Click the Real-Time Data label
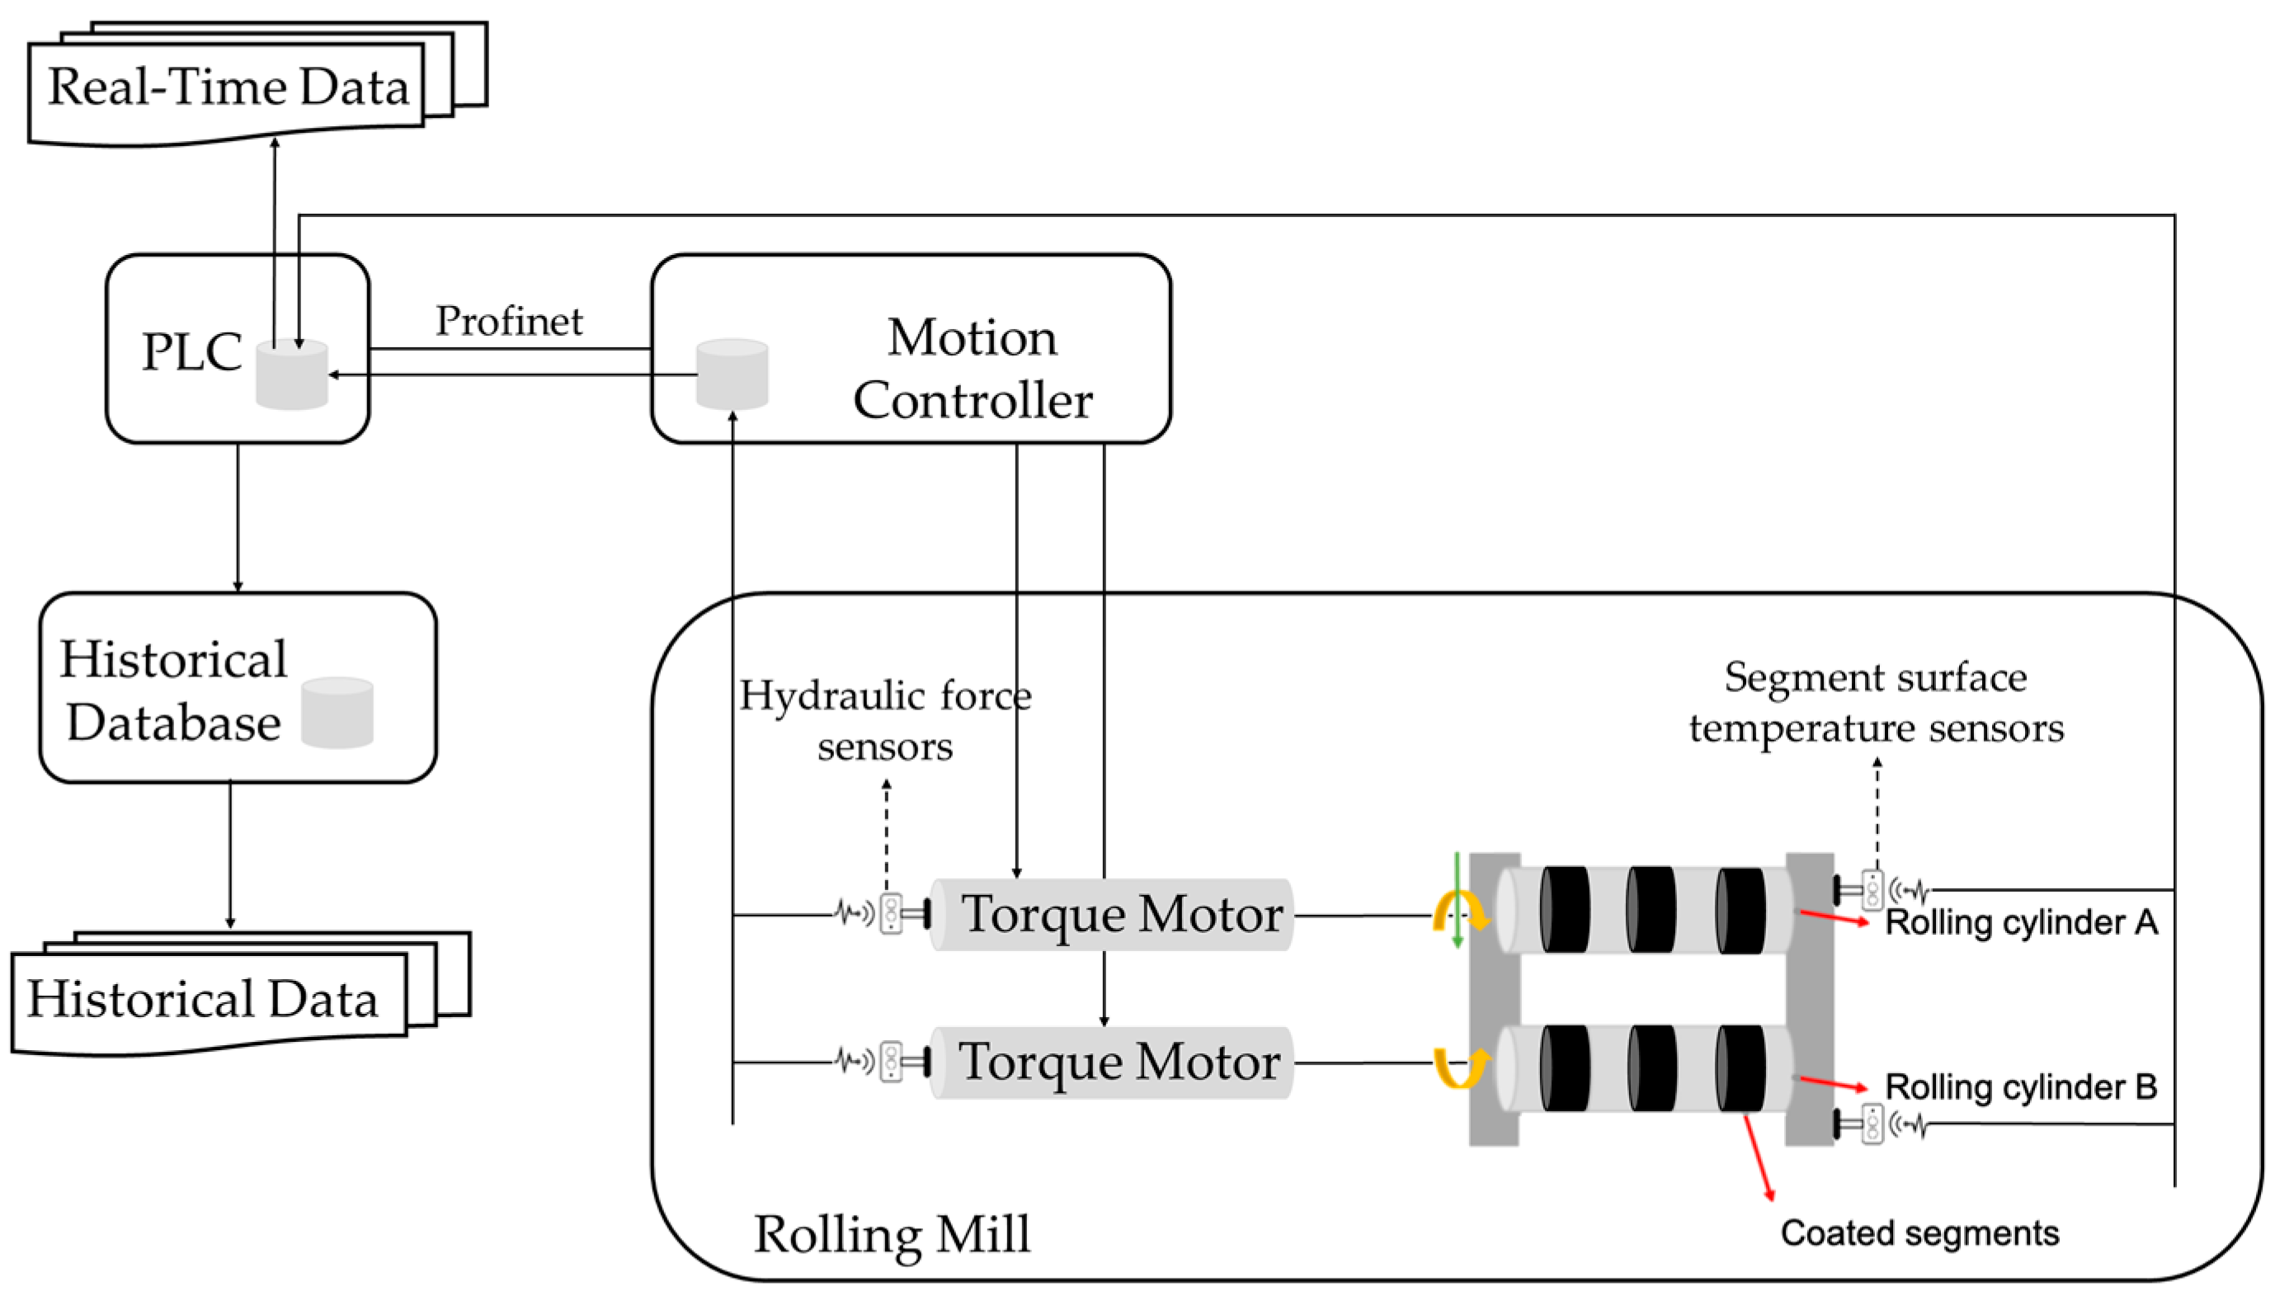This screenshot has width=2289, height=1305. pos(228,87)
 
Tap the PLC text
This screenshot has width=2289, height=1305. pos(192,351)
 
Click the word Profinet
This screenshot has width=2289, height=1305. pos(508,321)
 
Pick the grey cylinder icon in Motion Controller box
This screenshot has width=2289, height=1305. pos(732,374)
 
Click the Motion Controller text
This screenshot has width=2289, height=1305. pos(973,369)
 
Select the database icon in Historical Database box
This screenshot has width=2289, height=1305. pos(337,713)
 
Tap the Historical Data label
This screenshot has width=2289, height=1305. pos(203,998)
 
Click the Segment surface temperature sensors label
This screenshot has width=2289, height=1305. pos(1876,702)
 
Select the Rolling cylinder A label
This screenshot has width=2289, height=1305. pos(2020,922)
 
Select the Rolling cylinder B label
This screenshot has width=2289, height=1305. pos(2020,1087)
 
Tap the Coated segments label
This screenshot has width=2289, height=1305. pos(1919,1233)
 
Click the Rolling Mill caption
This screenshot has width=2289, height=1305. pos(892,1234)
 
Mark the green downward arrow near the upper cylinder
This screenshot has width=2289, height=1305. pos(1458,901)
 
